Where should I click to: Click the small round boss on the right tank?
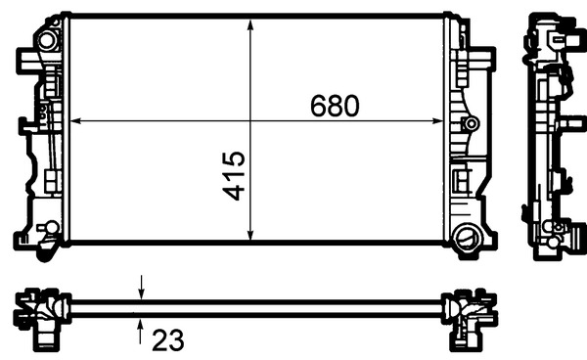tap(472, 123)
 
